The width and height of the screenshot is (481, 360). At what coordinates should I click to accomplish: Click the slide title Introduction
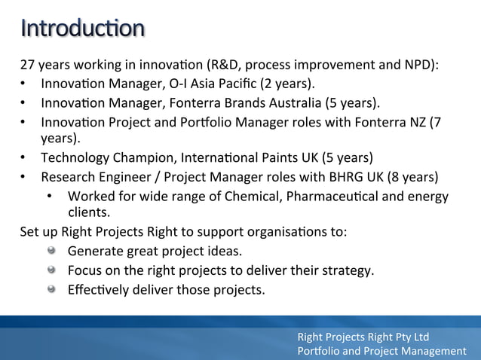coord(83,28)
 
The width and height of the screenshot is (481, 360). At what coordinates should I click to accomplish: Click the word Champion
coord(134,158)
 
